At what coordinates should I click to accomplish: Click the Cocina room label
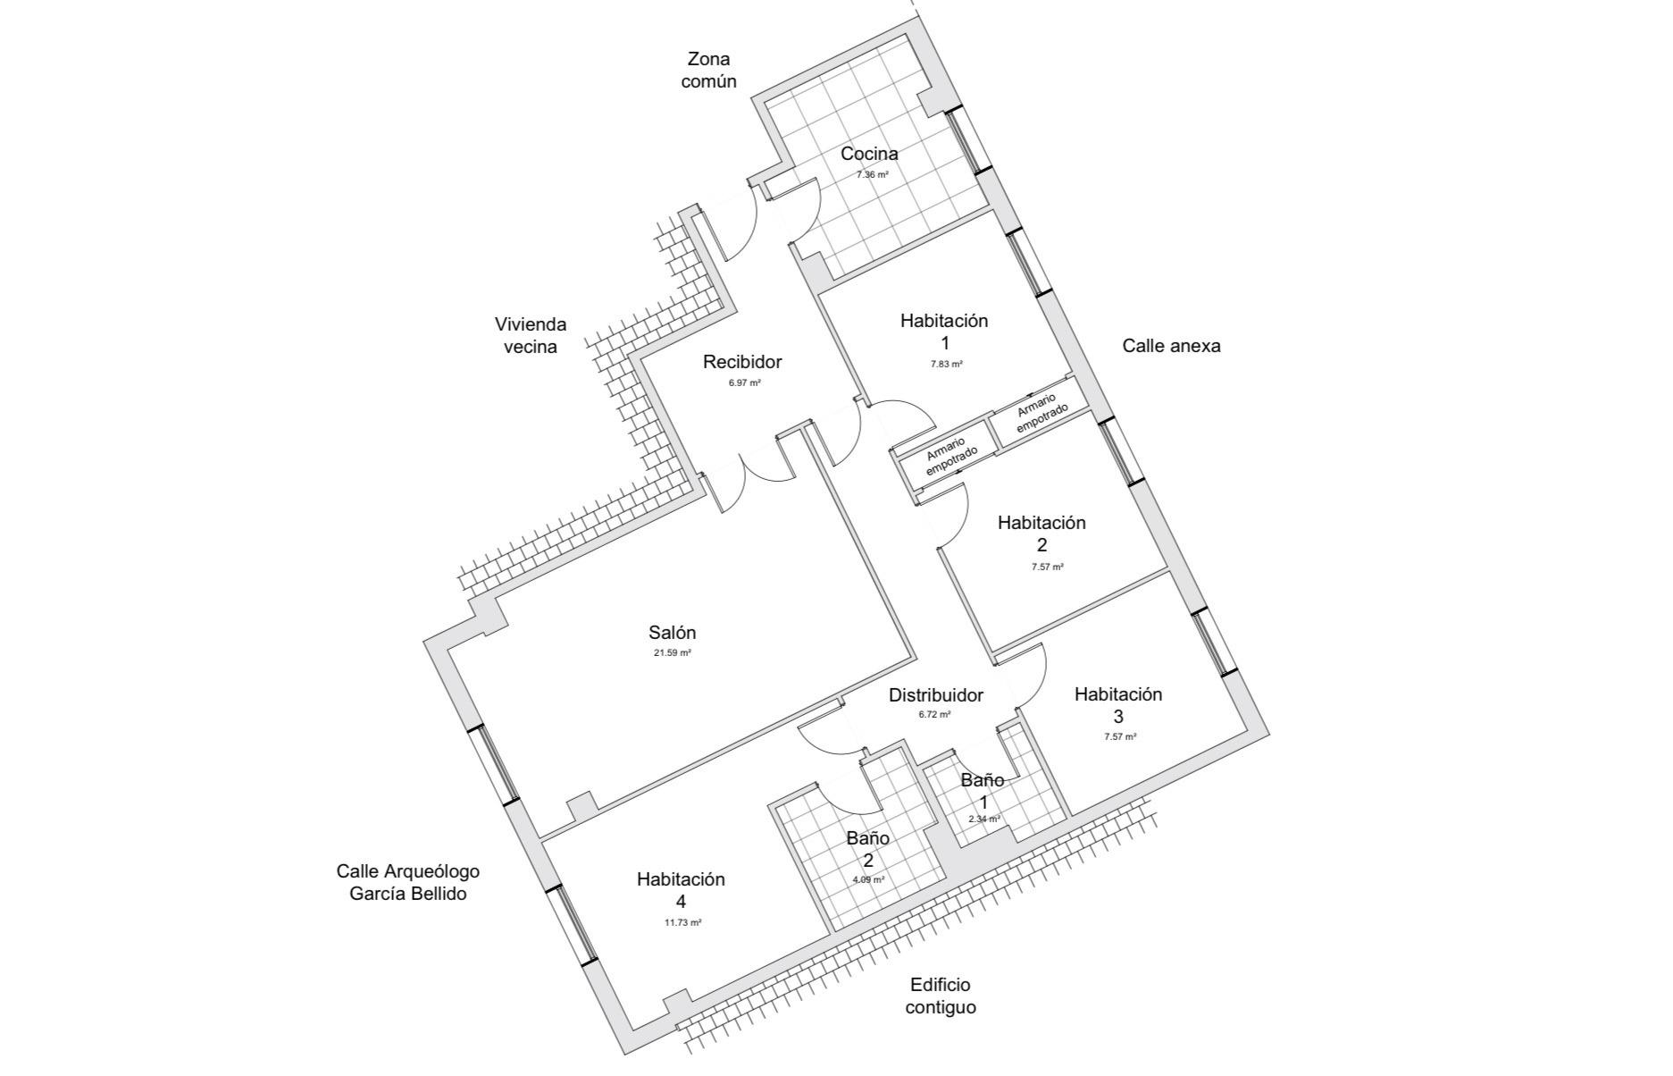pos(869,154)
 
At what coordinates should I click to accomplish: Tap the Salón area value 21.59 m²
pos(673,653)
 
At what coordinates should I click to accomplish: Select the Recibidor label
pos(742,362)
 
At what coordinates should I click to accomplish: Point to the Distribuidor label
pos(936,695)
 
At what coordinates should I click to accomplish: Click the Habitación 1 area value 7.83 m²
pos(945,365)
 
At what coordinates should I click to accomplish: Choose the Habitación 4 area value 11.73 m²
pos(682,923)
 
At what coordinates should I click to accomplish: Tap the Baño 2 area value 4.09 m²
pos(868,879)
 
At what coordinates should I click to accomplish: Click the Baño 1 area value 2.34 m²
pos(983,819)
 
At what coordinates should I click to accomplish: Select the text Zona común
pos(708,70)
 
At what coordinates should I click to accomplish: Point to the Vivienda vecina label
pos(531,335)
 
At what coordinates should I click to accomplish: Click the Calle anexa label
pos(1171,346)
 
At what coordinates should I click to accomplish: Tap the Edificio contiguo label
pos(941,996)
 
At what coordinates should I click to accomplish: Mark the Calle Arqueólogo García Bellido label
pos(408,882)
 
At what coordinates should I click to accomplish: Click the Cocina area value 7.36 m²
pos(873,175)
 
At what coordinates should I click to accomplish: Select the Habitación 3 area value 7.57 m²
pos(1120,737)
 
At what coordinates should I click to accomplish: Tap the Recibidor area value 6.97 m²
pos(744,382)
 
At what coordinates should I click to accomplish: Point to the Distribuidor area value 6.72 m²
pos(934,715)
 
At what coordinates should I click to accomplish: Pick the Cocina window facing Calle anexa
pos(969,140)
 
